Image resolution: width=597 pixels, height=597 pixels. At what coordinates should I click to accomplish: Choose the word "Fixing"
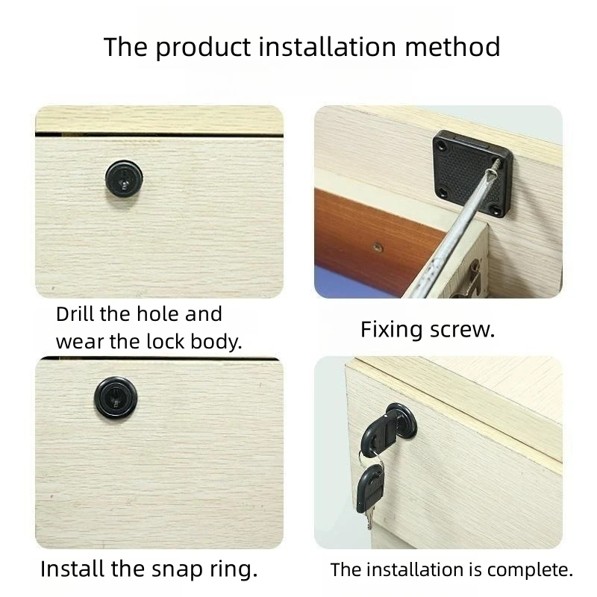coord(393,330)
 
